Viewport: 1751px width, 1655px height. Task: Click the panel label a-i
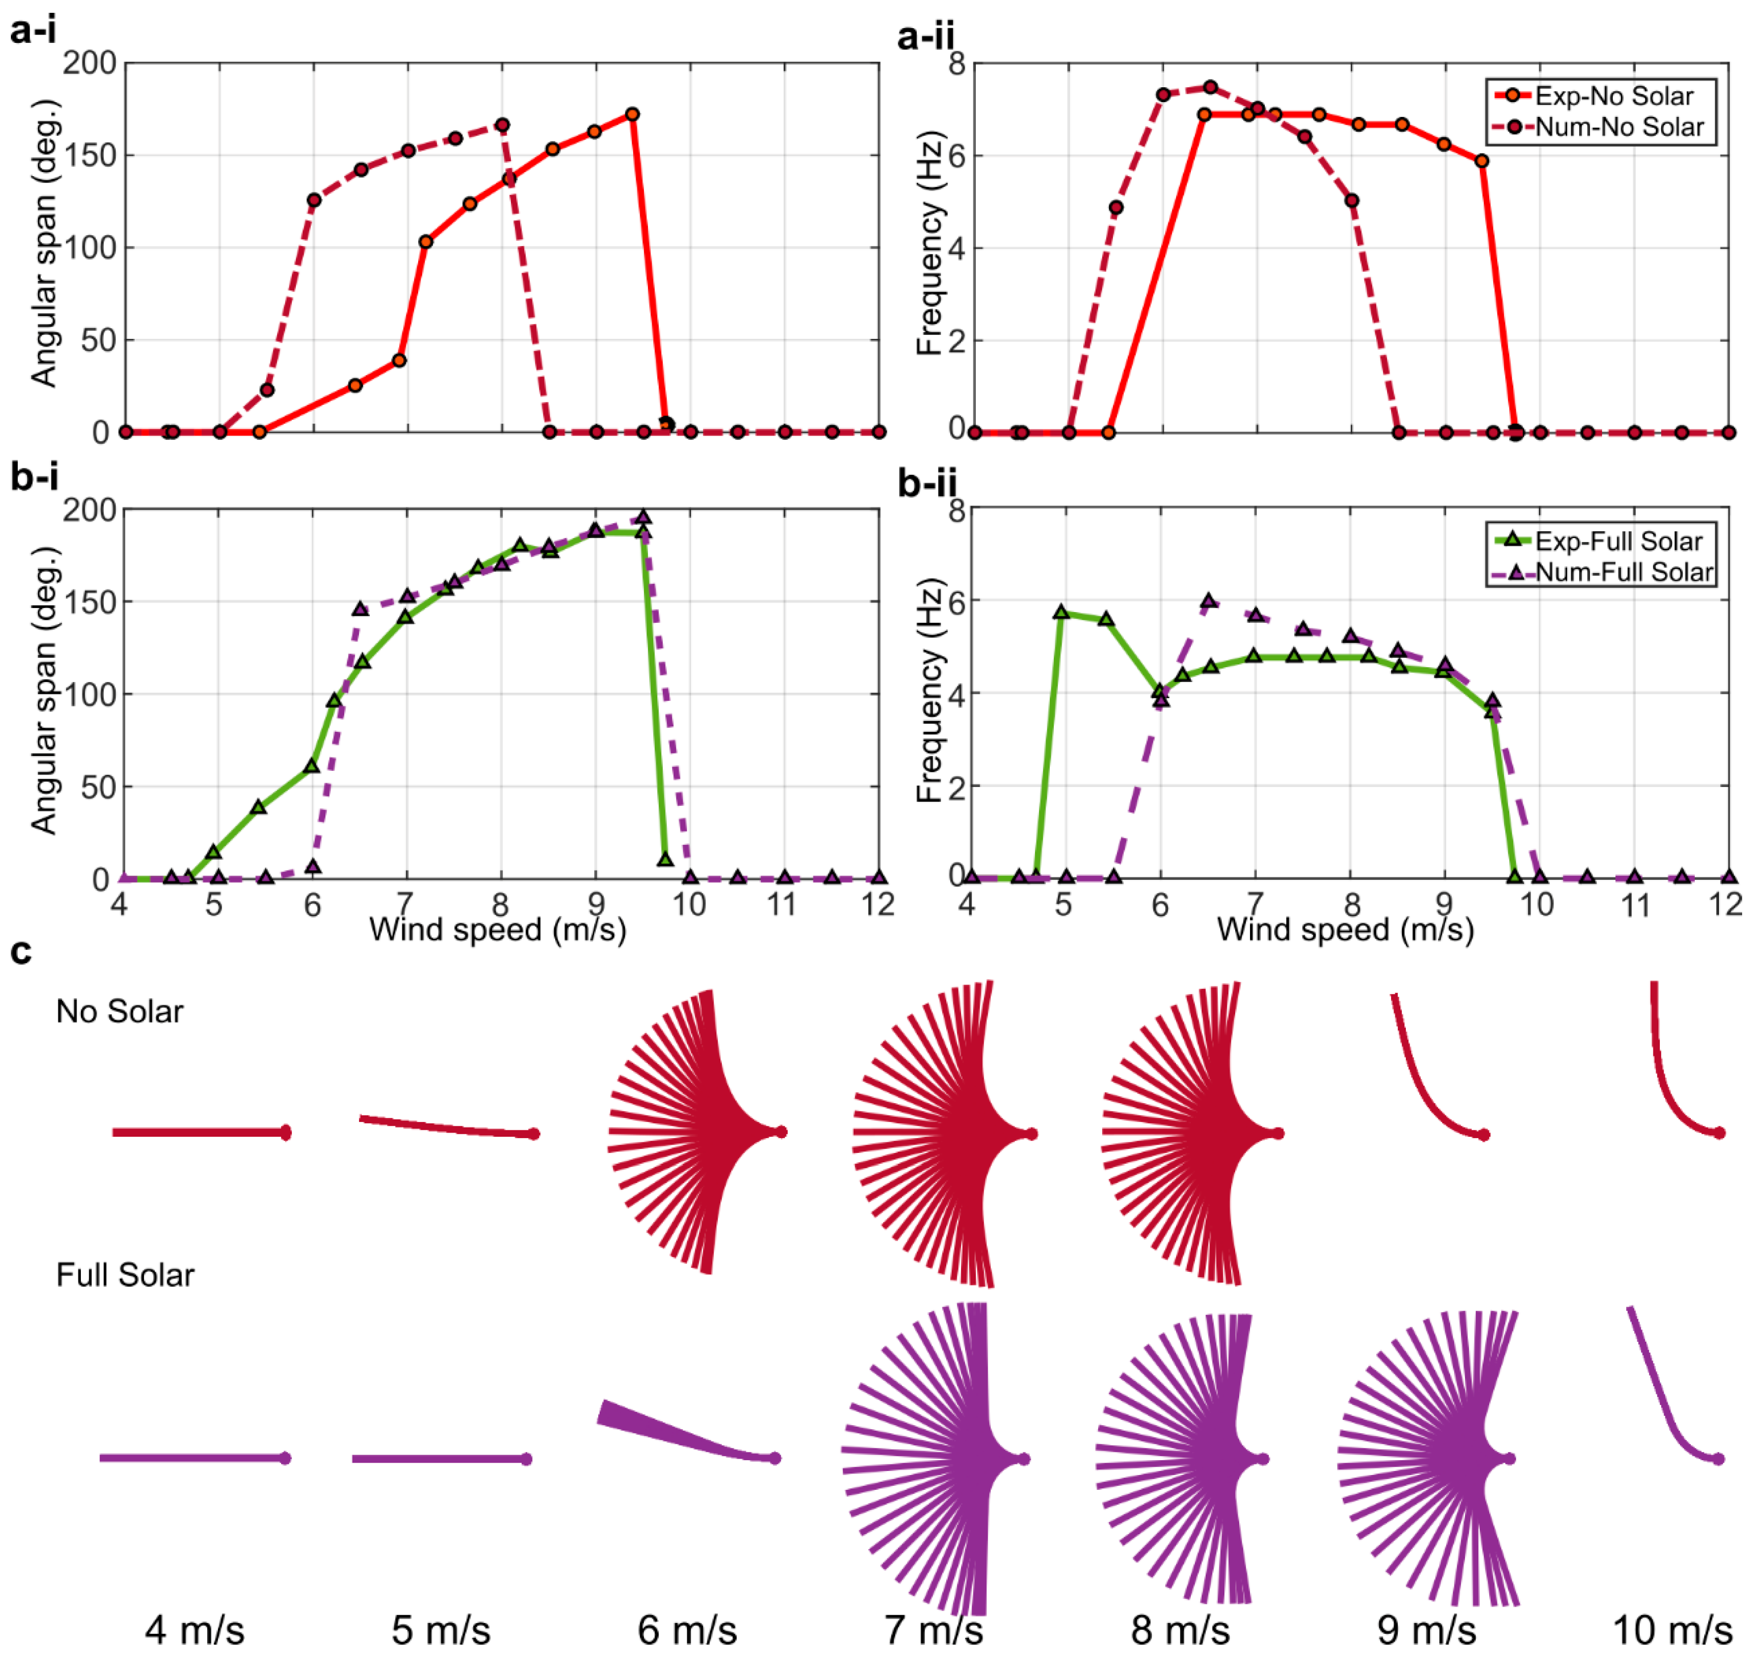tap(34, 32)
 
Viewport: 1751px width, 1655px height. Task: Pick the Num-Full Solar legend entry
tap(1623, 572)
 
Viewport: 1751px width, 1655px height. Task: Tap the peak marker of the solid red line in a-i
tap(632, 115)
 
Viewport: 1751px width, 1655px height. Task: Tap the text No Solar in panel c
tap(119, 1011)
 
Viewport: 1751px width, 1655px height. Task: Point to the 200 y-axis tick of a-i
tap(88, 64)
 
